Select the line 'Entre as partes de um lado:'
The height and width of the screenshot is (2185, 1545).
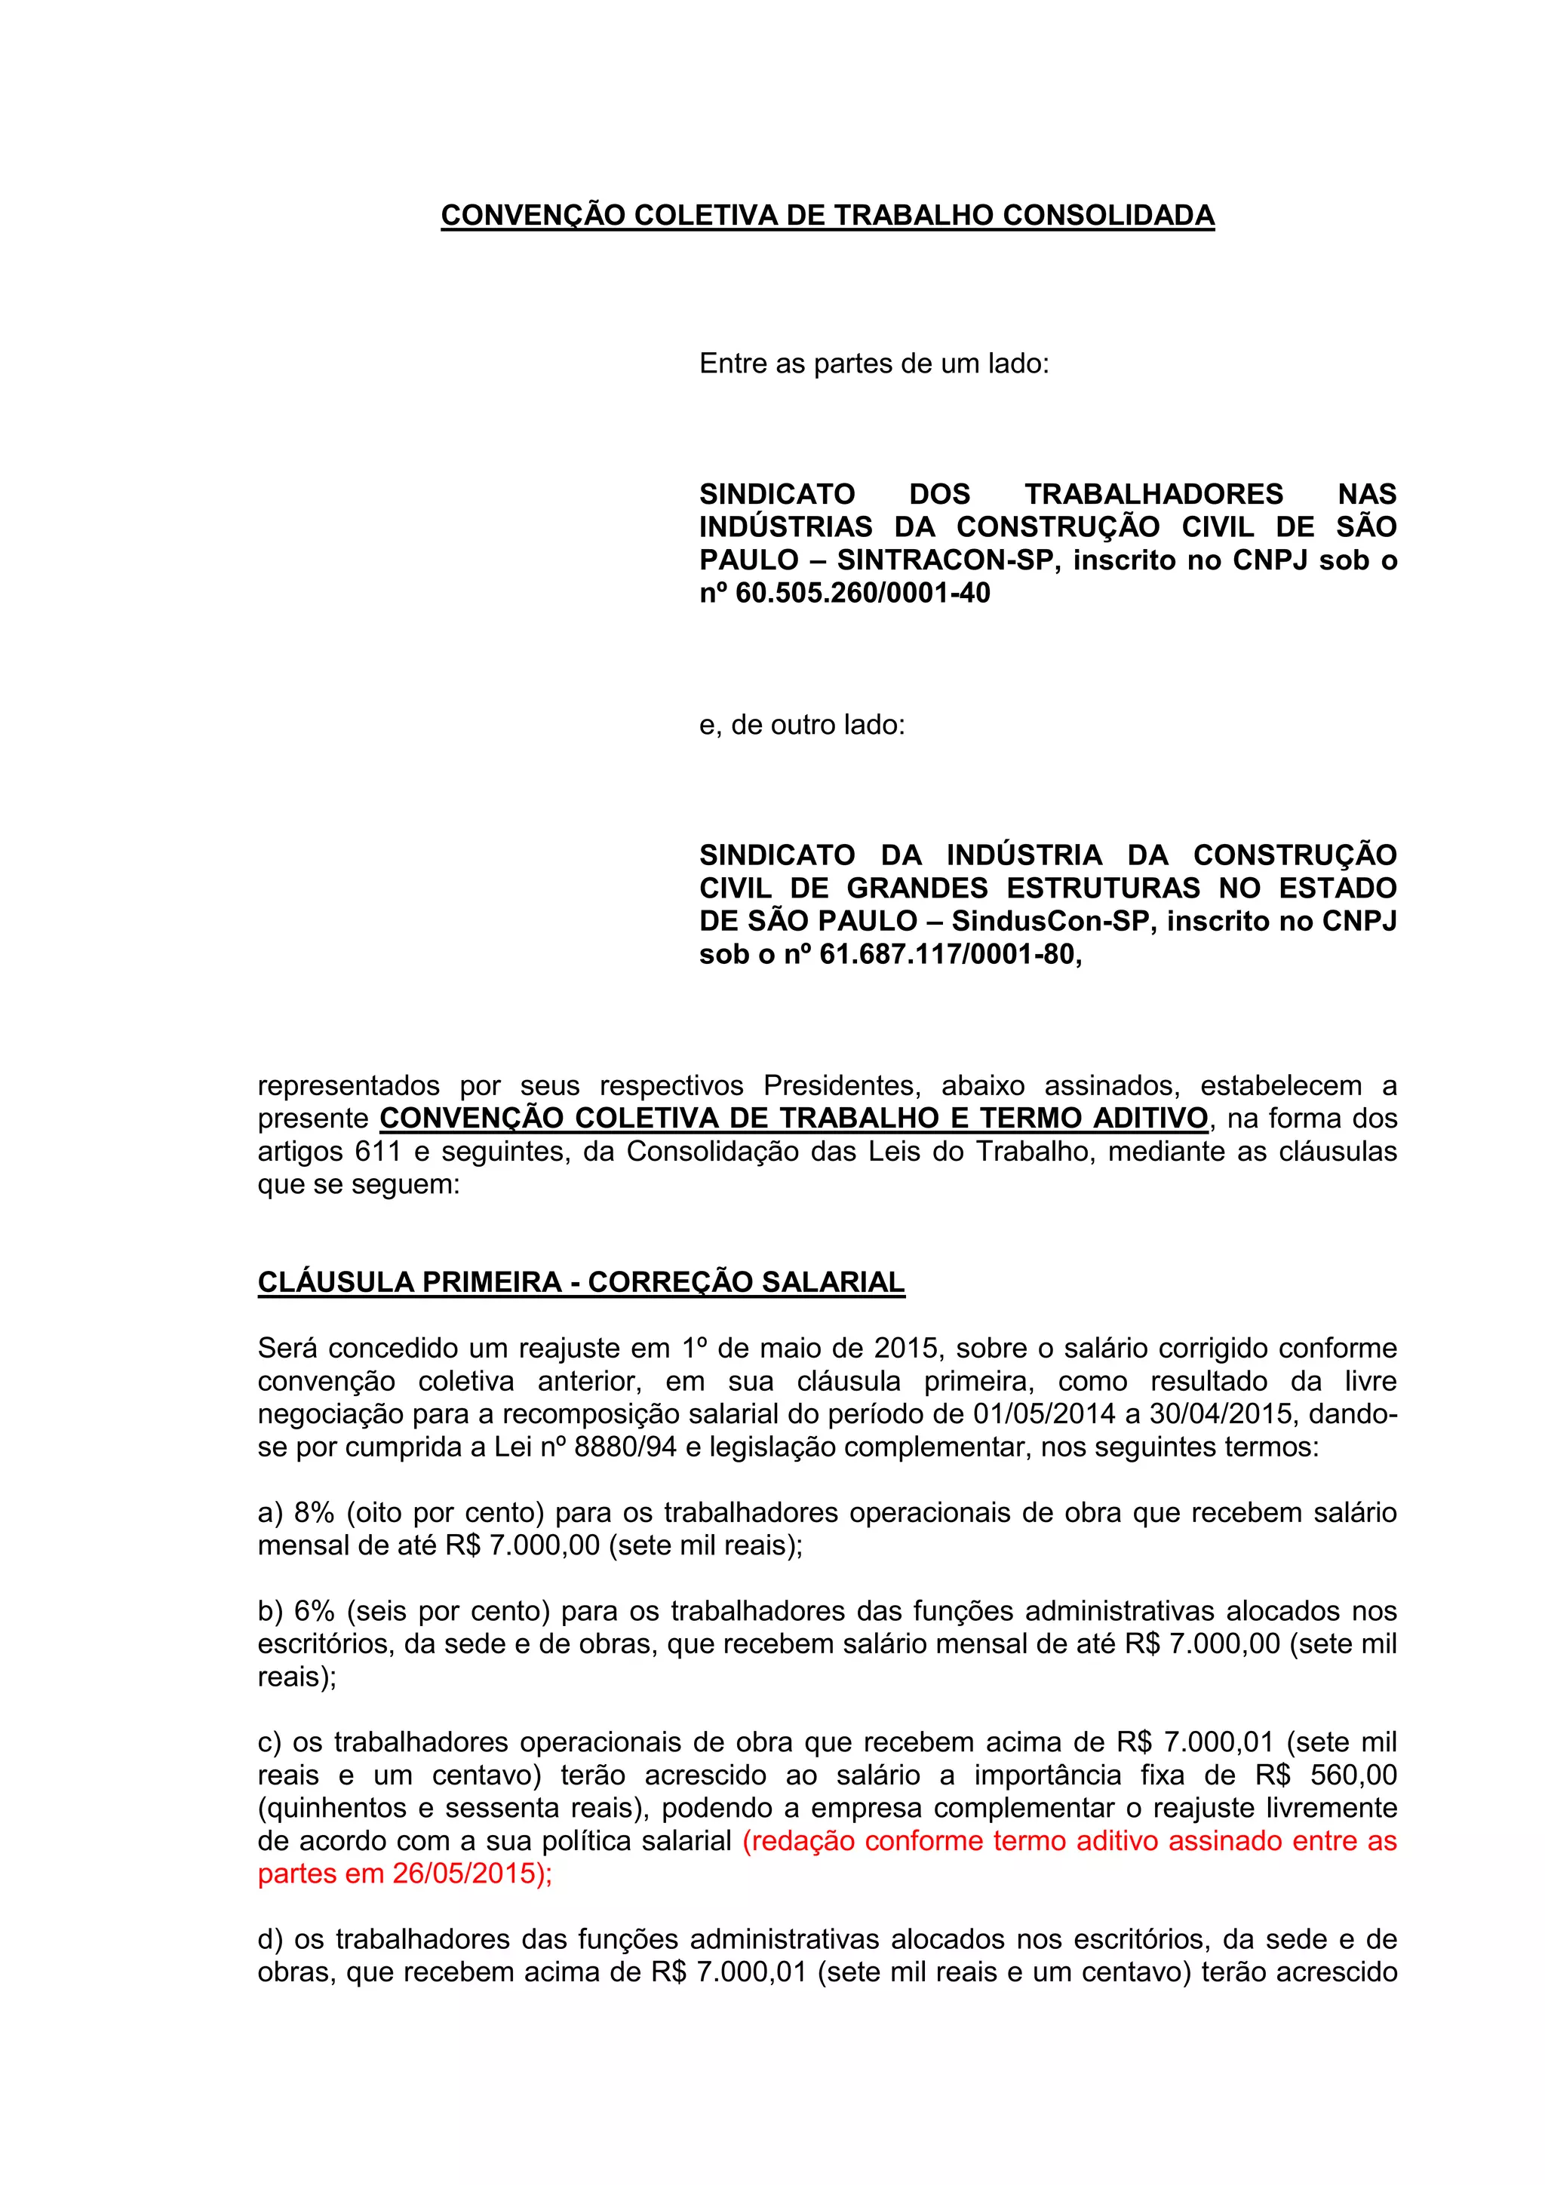coord(873,364)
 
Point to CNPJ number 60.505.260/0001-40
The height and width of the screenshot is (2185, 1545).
coord(862,593)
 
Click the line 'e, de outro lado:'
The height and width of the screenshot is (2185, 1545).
coord(801,725)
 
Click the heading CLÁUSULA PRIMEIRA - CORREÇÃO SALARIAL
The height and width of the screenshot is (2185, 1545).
coord(581,1282)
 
